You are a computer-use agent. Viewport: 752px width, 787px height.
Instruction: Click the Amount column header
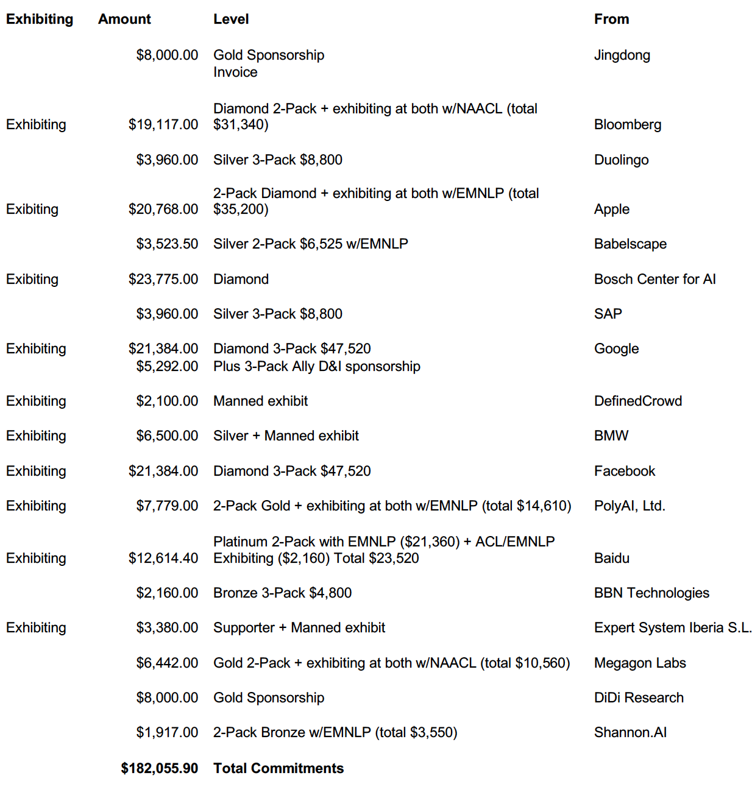124,19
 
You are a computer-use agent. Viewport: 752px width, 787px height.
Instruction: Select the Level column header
231,19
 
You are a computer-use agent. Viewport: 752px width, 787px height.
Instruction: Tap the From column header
611,19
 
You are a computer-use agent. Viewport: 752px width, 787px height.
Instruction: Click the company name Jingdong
622,55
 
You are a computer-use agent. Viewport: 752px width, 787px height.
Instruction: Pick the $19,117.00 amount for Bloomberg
163,124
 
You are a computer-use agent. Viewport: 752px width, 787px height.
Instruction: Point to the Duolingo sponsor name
621,160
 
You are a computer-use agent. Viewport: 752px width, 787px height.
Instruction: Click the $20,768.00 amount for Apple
163,209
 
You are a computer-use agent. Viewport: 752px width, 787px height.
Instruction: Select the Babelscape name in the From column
630,244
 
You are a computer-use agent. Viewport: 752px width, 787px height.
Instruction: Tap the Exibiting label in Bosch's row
32,279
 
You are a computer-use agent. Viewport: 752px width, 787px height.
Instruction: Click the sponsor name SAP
608,314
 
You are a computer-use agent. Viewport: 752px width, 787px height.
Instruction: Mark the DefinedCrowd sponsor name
637,401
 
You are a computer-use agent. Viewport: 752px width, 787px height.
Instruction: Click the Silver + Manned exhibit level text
286,436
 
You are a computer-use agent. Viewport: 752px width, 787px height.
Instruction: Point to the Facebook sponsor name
625,471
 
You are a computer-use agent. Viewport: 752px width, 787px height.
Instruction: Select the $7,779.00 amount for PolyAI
167,506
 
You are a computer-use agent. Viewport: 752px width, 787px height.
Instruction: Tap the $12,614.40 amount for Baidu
163,558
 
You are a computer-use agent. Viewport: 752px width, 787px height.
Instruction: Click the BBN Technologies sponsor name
651,593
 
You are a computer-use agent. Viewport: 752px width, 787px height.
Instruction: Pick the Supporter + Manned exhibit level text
299,627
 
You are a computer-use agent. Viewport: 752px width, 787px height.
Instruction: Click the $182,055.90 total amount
160,768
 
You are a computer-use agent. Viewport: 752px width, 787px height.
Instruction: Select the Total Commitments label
278,768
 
